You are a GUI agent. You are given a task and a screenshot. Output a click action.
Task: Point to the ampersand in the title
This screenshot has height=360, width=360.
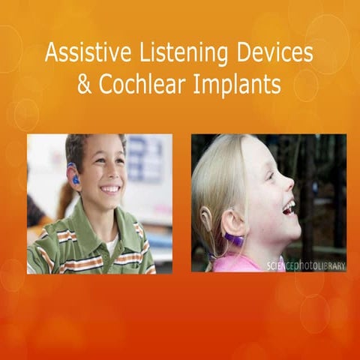click(85, 84)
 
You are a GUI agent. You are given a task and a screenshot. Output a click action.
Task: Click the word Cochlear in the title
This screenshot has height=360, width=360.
click(142, 84)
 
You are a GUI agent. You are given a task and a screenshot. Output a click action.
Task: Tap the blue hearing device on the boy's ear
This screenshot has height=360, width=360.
click(74, 178)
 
